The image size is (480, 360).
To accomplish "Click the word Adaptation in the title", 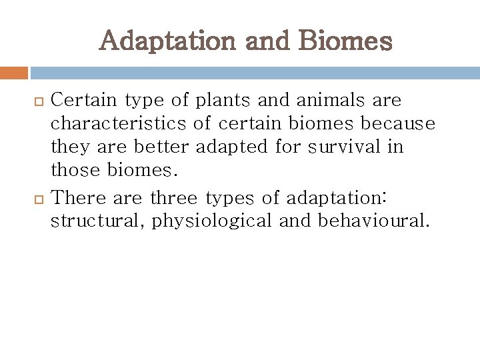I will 167,41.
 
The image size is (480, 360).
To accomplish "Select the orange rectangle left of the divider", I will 13,73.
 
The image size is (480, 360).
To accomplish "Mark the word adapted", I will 233,147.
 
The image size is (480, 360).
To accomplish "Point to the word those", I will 76,171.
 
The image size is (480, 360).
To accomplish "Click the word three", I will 175,198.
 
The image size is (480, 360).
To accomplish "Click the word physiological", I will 212,221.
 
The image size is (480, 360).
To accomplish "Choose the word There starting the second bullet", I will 75,198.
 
